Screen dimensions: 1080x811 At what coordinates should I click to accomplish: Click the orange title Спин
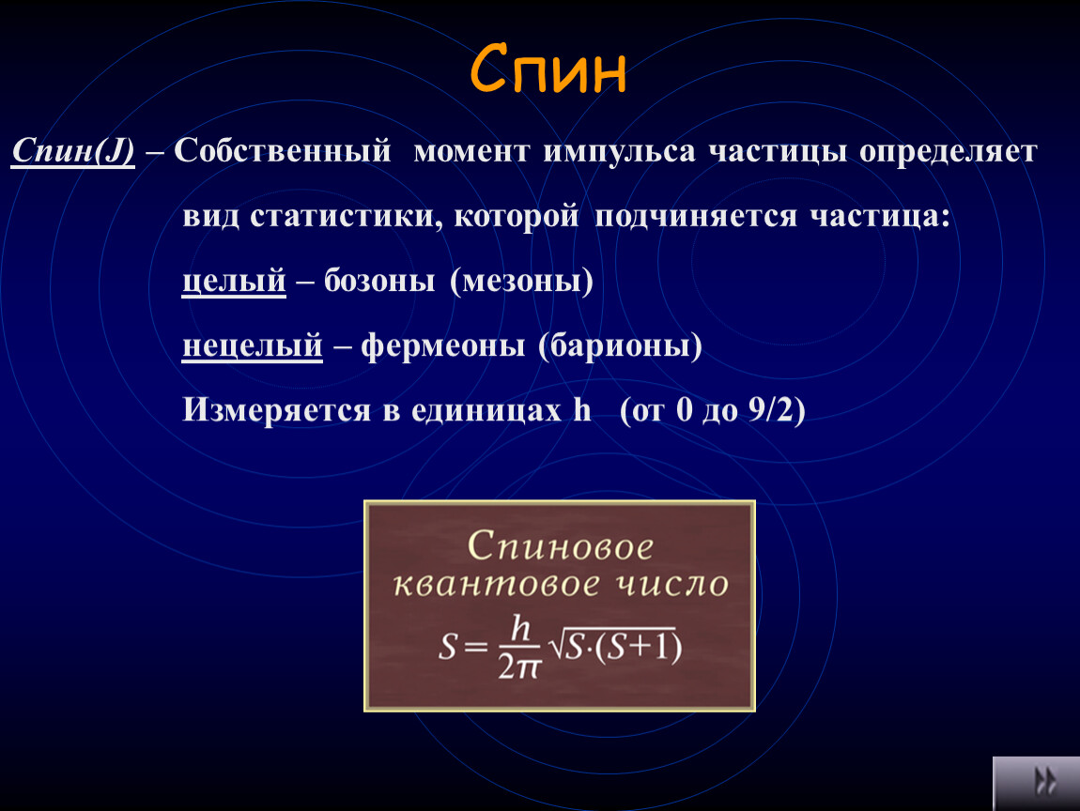(548, 69)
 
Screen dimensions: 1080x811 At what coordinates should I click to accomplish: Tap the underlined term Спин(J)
(73, 151)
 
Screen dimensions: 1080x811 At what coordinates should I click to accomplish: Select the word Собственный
(283, 151)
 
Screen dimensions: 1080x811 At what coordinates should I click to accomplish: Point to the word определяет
(948, 151)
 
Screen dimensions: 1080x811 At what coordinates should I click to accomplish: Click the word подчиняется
(696, 216)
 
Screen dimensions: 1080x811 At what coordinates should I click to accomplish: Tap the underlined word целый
(234, 281)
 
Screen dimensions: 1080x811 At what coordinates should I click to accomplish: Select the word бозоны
(379, 281)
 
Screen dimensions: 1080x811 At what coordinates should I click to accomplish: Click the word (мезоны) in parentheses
(521, 281)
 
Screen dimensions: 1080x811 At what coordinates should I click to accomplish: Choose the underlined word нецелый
(252, 344)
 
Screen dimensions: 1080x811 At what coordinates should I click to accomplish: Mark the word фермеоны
(443, 344)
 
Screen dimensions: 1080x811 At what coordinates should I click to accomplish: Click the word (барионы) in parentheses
(620, 344)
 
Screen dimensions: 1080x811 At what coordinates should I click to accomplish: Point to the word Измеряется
(277, 410)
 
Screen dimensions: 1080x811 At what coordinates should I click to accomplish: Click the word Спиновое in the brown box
(560, 546)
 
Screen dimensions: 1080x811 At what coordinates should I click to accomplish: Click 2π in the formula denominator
(519, 666)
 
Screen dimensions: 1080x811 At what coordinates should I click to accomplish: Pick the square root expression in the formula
(615, 645)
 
